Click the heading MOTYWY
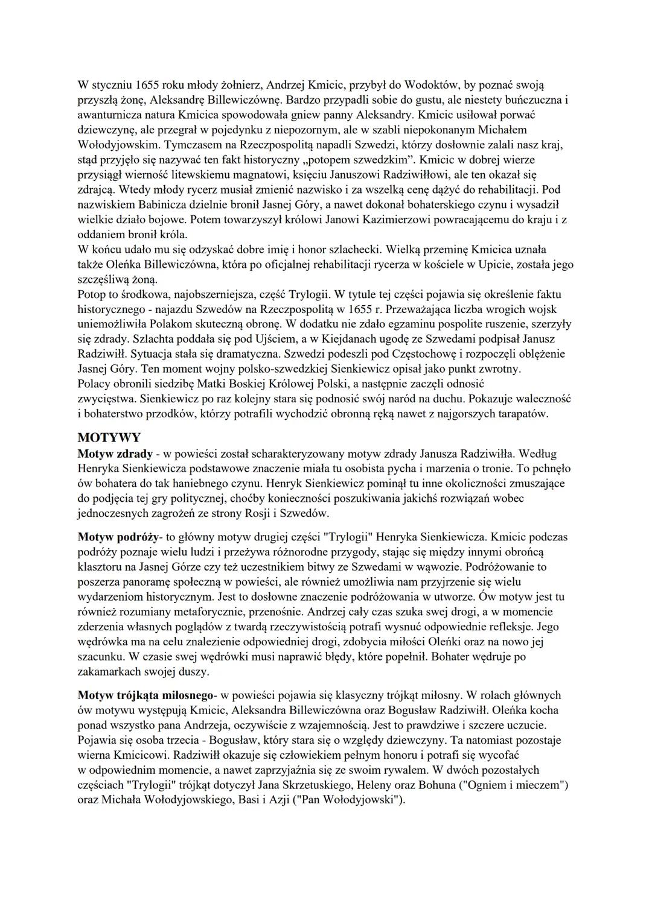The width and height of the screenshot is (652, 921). (x=109, y=438)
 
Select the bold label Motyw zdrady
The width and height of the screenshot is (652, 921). (x=115, y=454)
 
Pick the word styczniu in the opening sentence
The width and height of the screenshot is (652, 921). (x=113, y=84)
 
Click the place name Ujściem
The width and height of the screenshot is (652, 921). (x=257, y=339)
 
